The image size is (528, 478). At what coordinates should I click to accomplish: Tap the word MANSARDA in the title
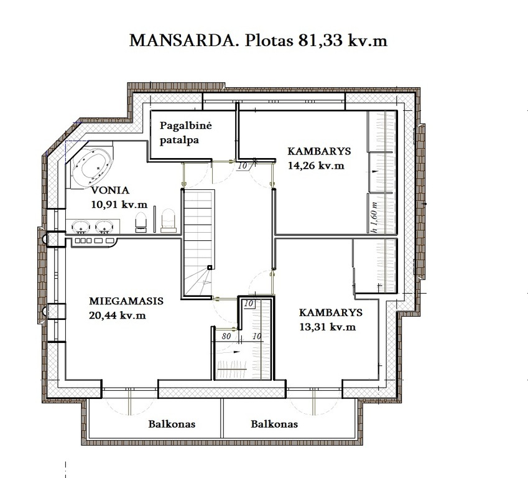(184, 40)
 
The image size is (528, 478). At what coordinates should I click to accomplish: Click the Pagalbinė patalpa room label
(185, 133)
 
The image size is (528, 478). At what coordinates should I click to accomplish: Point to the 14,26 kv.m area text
(316, 166)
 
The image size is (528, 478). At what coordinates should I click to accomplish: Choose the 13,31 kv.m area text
(327, 327)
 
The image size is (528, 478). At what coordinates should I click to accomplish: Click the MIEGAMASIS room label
(126, 301)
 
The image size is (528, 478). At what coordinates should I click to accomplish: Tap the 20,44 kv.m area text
(118, 315)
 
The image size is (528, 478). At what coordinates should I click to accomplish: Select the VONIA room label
(110, 190)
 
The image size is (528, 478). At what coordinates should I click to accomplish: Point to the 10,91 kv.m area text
(119, 204)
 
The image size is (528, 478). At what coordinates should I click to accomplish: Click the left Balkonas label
(172, 424)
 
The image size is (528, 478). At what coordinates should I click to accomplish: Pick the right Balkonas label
(274, 424)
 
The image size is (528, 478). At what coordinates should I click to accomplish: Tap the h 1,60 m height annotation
(373, 217)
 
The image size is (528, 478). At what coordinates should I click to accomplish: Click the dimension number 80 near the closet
(226, 336)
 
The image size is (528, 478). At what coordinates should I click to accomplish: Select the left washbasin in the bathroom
(81, 227)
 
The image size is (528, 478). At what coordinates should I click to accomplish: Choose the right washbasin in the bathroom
(104, 227)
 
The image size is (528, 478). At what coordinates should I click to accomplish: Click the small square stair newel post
(210, 268)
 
